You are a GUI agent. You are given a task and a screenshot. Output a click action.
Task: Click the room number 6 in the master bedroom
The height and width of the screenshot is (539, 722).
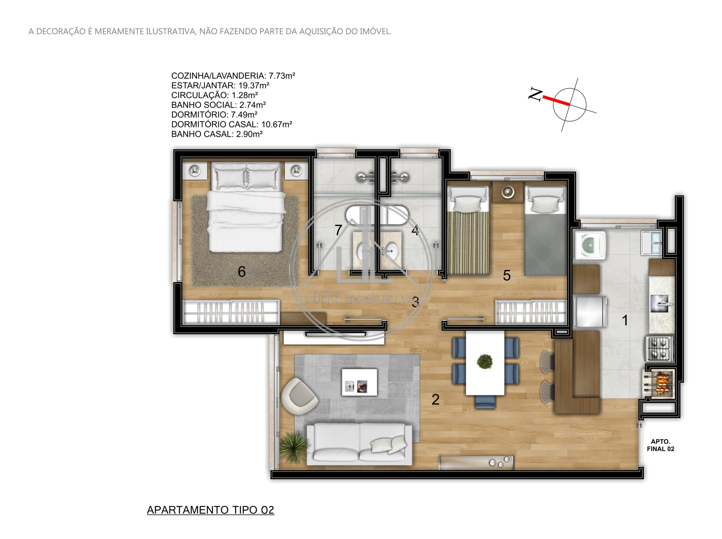pos(241,271)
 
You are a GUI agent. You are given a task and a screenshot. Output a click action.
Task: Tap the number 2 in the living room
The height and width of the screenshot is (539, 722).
pos(435,399)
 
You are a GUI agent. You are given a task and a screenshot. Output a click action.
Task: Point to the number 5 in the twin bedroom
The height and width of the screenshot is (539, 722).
pos(507,275)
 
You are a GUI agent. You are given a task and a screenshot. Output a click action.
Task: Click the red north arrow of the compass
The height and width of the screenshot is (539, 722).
pos(556,100)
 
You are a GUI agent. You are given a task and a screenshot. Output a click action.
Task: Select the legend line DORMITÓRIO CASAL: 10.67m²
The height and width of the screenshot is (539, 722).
pos(232,124)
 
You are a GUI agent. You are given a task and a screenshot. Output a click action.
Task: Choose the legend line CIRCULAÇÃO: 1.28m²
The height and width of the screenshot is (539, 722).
pos(214,95)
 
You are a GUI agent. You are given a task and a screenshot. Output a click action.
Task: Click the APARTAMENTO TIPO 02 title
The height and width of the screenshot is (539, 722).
pos(210,510)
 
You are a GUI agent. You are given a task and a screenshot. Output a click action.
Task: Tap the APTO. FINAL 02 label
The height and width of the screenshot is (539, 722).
pos(660,445)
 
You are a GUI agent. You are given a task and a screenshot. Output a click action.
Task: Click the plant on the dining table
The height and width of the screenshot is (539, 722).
pos(485,361)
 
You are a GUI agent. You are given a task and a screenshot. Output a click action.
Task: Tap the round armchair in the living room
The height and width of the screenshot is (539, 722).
pos(299,396)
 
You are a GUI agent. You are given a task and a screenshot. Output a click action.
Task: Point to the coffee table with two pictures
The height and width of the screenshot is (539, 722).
pos(359,382)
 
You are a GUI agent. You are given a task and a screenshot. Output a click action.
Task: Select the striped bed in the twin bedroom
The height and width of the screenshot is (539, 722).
pos(468,230)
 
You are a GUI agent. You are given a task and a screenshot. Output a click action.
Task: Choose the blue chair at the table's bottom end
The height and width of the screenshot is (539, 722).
pos(485,401)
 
